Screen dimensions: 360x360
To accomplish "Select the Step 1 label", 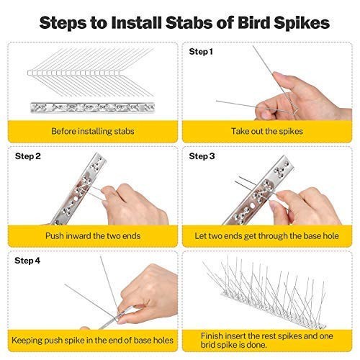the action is [x=201, y=52].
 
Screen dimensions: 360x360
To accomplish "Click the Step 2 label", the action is [x=27, y=156].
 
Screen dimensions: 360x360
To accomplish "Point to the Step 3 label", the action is [x=202, y=156].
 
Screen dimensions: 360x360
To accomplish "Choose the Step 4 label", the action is [x=27, y=261].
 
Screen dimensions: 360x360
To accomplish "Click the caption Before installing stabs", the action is [x=93, y=131].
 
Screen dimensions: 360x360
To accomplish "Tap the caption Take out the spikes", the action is [x=267, y=131].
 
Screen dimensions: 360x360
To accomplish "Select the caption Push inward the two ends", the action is [x=93, y=235].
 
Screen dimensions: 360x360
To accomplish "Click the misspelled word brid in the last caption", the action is [x=208, y=345].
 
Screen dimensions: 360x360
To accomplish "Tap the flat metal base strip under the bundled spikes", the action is [x=93, y=107].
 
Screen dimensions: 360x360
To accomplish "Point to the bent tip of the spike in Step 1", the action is [x=297, y=111].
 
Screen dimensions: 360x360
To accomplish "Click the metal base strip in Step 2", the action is [x=78, y=189].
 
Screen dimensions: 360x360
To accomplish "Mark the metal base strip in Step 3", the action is [x=258, y=190].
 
